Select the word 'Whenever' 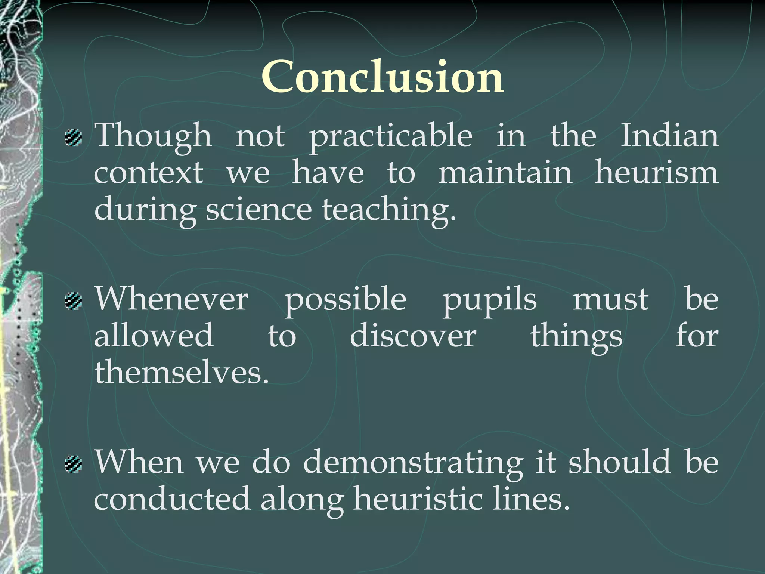tap(171, 299)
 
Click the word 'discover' tap(413, 336)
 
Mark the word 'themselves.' tap(182, 372)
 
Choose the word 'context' tap(149, 173)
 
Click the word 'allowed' tap(154, 336)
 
